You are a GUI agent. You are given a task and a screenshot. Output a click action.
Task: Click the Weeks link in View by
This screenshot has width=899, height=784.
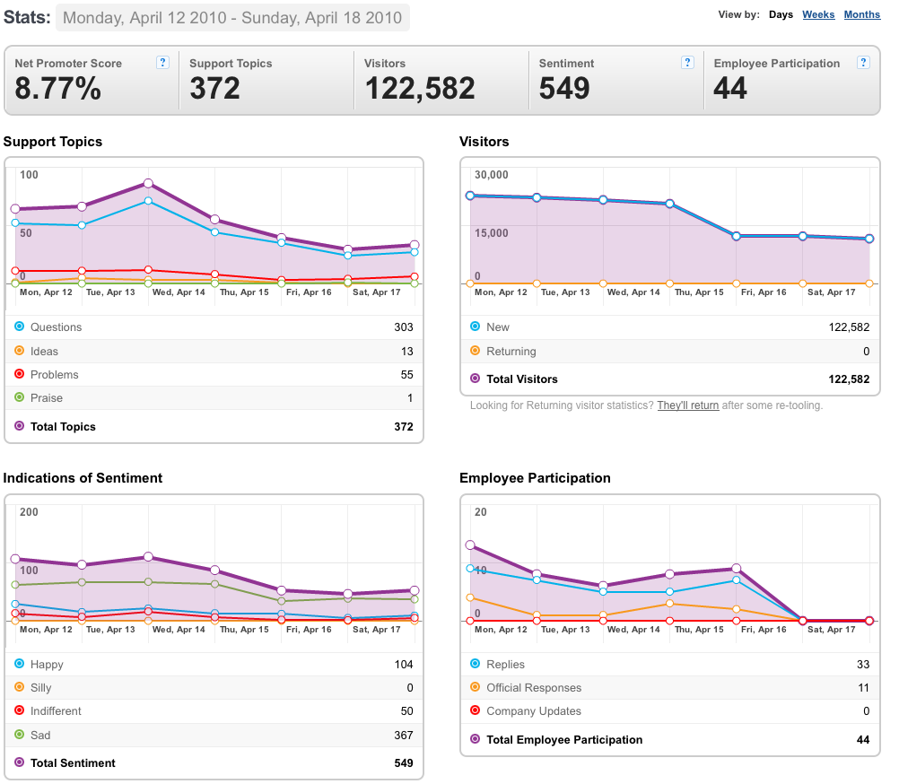[x=818, y=14]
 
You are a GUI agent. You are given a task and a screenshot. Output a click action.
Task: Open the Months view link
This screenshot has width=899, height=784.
[x=861, y=14]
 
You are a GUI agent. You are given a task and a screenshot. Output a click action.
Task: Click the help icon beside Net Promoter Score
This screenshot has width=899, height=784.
[x=162, y=63]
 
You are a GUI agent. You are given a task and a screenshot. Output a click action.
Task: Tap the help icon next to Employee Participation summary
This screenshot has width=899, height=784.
[x=863, y=63]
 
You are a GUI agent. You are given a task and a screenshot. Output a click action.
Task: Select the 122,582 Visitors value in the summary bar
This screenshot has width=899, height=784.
[x=420, y=89]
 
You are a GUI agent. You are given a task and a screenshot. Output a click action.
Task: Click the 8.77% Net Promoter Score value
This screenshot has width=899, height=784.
[x=58, y=89]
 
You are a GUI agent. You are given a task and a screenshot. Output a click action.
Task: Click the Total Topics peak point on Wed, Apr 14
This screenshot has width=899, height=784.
[x=149, y=183]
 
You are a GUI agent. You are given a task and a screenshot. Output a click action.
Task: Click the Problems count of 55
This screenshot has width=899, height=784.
[x=407, y=374]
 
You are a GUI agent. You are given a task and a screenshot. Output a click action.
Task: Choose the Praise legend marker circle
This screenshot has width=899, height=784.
[x=20, y=397]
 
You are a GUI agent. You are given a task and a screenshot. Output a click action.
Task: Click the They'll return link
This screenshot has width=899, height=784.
[x=688, y=405]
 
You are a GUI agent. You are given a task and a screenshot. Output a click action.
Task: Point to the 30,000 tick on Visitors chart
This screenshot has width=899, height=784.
[x=492, y=175]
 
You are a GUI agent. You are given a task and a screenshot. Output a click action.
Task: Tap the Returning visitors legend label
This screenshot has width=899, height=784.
[x=511, y=352]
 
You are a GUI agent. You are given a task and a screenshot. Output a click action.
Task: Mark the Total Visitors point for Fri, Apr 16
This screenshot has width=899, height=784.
[x=737, y=236]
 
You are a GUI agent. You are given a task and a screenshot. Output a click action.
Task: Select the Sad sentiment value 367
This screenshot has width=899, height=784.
[x=404, y=735]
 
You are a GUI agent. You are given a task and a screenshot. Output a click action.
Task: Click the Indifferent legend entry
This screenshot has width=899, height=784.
[x=56, y=710]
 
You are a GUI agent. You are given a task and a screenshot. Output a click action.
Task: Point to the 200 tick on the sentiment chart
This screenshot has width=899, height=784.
[x=30, y=512]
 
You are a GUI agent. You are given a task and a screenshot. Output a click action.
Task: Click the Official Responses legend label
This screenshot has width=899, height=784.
[x=534, y=688]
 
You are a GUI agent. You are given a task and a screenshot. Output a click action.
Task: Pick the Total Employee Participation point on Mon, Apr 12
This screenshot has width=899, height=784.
[x=470, y=545]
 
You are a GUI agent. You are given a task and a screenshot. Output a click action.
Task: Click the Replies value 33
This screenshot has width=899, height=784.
[x=863, y=664]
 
